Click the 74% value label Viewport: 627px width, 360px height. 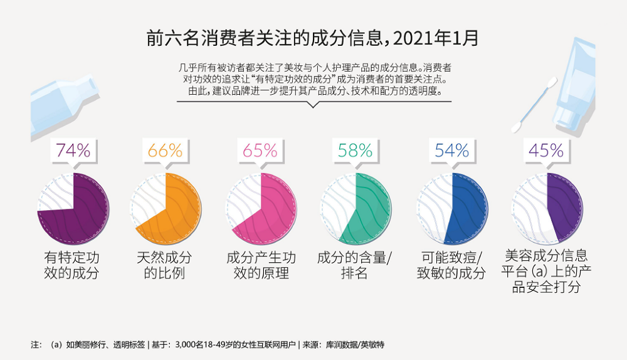coord(73,151)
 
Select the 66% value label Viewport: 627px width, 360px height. coord(166,151)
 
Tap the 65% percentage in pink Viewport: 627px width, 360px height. coord(260,151)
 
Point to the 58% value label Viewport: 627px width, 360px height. coord(356,151)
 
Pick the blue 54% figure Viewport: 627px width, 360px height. coord(452,151)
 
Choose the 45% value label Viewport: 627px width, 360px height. coord(546,151)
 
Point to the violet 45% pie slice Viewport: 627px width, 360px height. coord(564,207)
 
